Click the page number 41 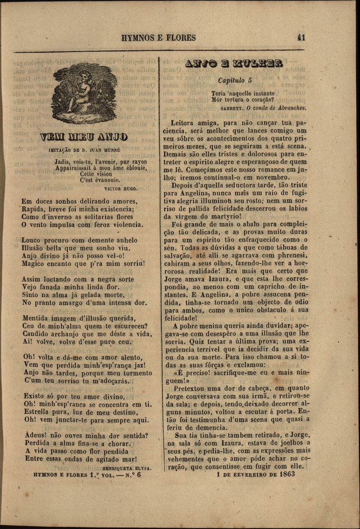(301, 38)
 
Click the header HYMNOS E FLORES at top (158, 38)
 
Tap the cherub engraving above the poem (85, 93)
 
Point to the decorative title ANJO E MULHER (234, 63)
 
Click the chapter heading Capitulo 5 (234, 81)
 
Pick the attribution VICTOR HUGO (121, 189)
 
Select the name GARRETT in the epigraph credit (232, 108)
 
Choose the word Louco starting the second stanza (34, 240)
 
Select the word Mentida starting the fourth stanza (37, 318)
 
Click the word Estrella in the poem (38, 412)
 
